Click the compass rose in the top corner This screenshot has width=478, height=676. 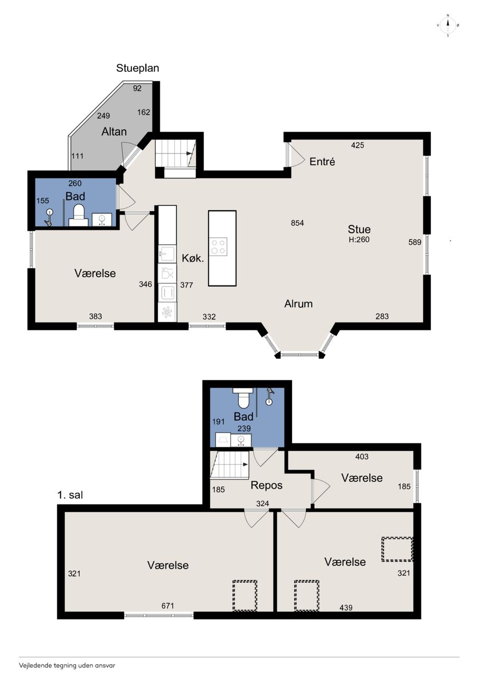pos(448,25)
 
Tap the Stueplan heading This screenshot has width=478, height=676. pos(138,68)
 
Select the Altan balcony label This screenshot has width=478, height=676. pos(114,132)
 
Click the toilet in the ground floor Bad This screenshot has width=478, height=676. pos(79,215)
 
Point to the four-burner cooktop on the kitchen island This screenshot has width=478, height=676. pos(219,247)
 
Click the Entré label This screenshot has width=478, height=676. pos(322,162)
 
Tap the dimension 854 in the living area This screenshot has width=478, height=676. pos(297,223)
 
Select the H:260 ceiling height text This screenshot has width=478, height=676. pos(359,240)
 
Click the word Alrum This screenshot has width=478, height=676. pos(298,304)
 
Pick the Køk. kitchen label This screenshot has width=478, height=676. pos(193,258)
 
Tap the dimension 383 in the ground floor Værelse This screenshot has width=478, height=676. pos(96,316)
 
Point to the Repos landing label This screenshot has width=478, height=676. pos(266,485)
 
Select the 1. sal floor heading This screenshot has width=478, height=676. pos(70,495)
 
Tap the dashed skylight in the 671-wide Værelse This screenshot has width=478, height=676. pos(245,595)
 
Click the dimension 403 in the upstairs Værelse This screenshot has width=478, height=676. pos(362,457)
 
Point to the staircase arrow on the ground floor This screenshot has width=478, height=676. pos(189,153)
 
